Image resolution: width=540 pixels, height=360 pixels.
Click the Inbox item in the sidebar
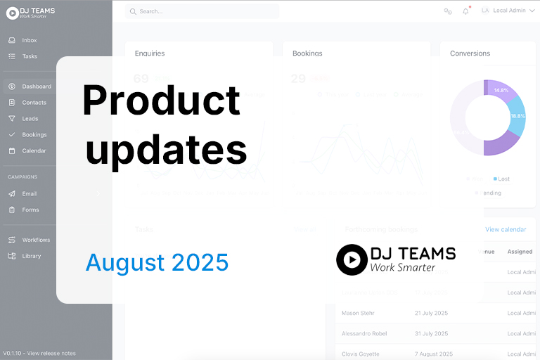click(29, 40)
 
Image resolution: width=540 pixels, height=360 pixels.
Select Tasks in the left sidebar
click(30, 56)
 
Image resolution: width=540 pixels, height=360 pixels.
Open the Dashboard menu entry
click(36, 86)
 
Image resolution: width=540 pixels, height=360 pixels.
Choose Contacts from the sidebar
click(34, 103)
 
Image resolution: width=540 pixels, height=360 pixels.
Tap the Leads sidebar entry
click(30, 119)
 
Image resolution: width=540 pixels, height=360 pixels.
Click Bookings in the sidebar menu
click(34, 135)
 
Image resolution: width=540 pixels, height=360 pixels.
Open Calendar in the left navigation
click(34, 151)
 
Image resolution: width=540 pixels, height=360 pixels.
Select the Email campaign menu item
click(29, 194)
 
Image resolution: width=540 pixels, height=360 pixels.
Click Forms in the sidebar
click(30, 210)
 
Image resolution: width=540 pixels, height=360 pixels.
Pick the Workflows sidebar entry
click(36, 240)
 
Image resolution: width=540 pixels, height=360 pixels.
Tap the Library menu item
click(31, 257)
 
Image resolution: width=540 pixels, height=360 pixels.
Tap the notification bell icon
click(465, 11)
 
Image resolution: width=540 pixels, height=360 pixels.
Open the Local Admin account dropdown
click(509, 11)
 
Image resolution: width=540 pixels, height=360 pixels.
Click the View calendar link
click(506, 229)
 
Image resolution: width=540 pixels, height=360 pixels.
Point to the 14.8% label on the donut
click(501, 91)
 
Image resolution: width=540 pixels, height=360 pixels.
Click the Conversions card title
click(470, 53)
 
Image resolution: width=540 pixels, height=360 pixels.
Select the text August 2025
click(157, 263)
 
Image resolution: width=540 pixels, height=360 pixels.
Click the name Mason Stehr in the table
click(359, 313)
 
